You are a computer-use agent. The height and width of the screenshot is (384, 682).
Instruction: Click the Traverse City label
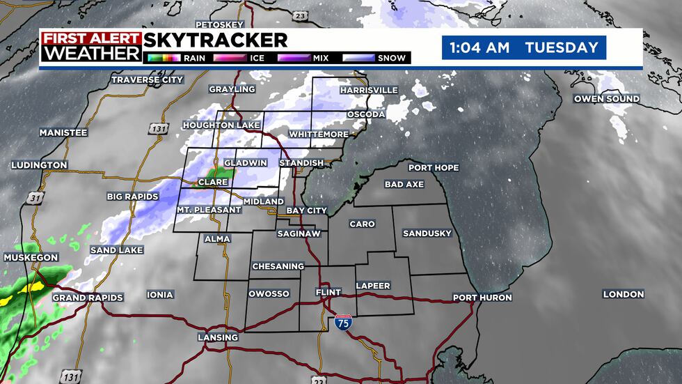(147, 80)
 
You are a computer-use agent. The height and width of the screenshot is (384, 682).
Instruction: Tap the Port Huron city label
(482, 298)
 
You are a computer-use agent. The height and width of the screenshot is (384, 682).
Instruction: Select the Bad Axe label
(404, 185)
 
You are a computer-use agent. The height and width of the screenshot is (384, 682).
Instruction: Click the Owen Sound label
(606, 99)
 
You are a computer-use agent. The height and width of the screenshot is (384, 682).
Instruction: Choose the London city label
(623, 294)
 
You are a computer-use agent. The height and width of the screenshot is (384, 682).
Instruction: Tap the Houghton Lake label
(221, 125)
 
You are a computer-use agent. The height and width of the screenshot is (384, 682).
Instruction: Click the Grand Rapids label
(88, 298)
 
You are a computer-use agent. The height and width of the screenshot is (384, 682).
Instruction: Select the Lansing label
(219, 337)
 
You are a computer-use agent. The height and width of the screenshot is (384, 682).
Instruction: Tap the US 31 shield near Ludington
(35, 199)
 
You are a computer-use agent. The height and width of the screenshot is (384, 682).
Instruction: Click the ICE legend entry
(244, 58)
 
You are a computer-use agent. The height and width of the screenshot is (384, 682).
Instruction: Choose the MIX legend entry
(310, 58)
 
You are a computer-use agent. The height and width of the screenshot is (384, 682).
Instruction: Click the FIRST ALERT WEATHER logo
(90, 46)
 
